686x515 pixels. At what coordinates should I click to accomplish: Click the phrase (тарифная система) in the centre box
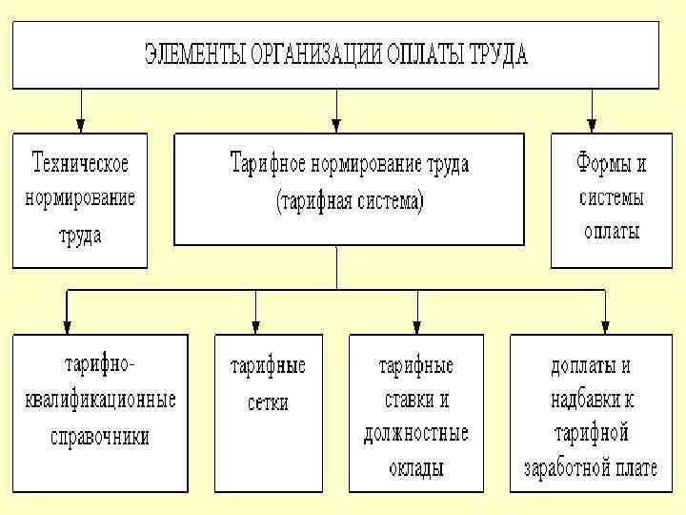tap(350, 202)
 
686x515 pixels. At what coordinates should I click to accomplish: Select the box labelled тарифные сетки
tap(268, 412)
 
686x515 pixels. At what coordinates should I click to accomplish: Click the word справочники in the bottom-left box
tap(100, 437)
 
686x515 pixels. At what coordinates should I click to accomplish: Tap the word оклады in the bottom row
tap(416, 468)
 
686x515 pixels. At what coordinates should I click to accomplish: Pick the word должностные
tap(416, 434)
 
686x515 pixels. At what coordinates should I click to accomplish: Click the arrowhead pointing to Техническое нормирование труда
tap(80, 124)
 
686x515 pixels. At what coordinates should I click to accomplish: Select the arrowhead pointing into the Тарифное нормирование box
tap(336, 124)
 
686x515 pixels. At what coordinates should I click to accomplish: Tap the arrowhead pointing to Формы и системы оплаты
tap(592, 124)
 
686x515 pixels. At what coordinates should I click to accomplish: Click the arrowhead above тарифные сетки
tap(256, 325)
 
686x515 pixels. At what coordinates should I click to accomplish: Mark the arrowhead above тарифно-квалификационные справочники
tap(67, 325)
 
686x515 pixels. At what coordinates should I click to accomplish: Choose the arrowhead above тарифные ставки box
tap(417, 325)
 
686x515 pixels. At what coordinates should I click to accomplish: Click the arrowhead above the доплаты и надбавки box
tap(606, 325)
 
